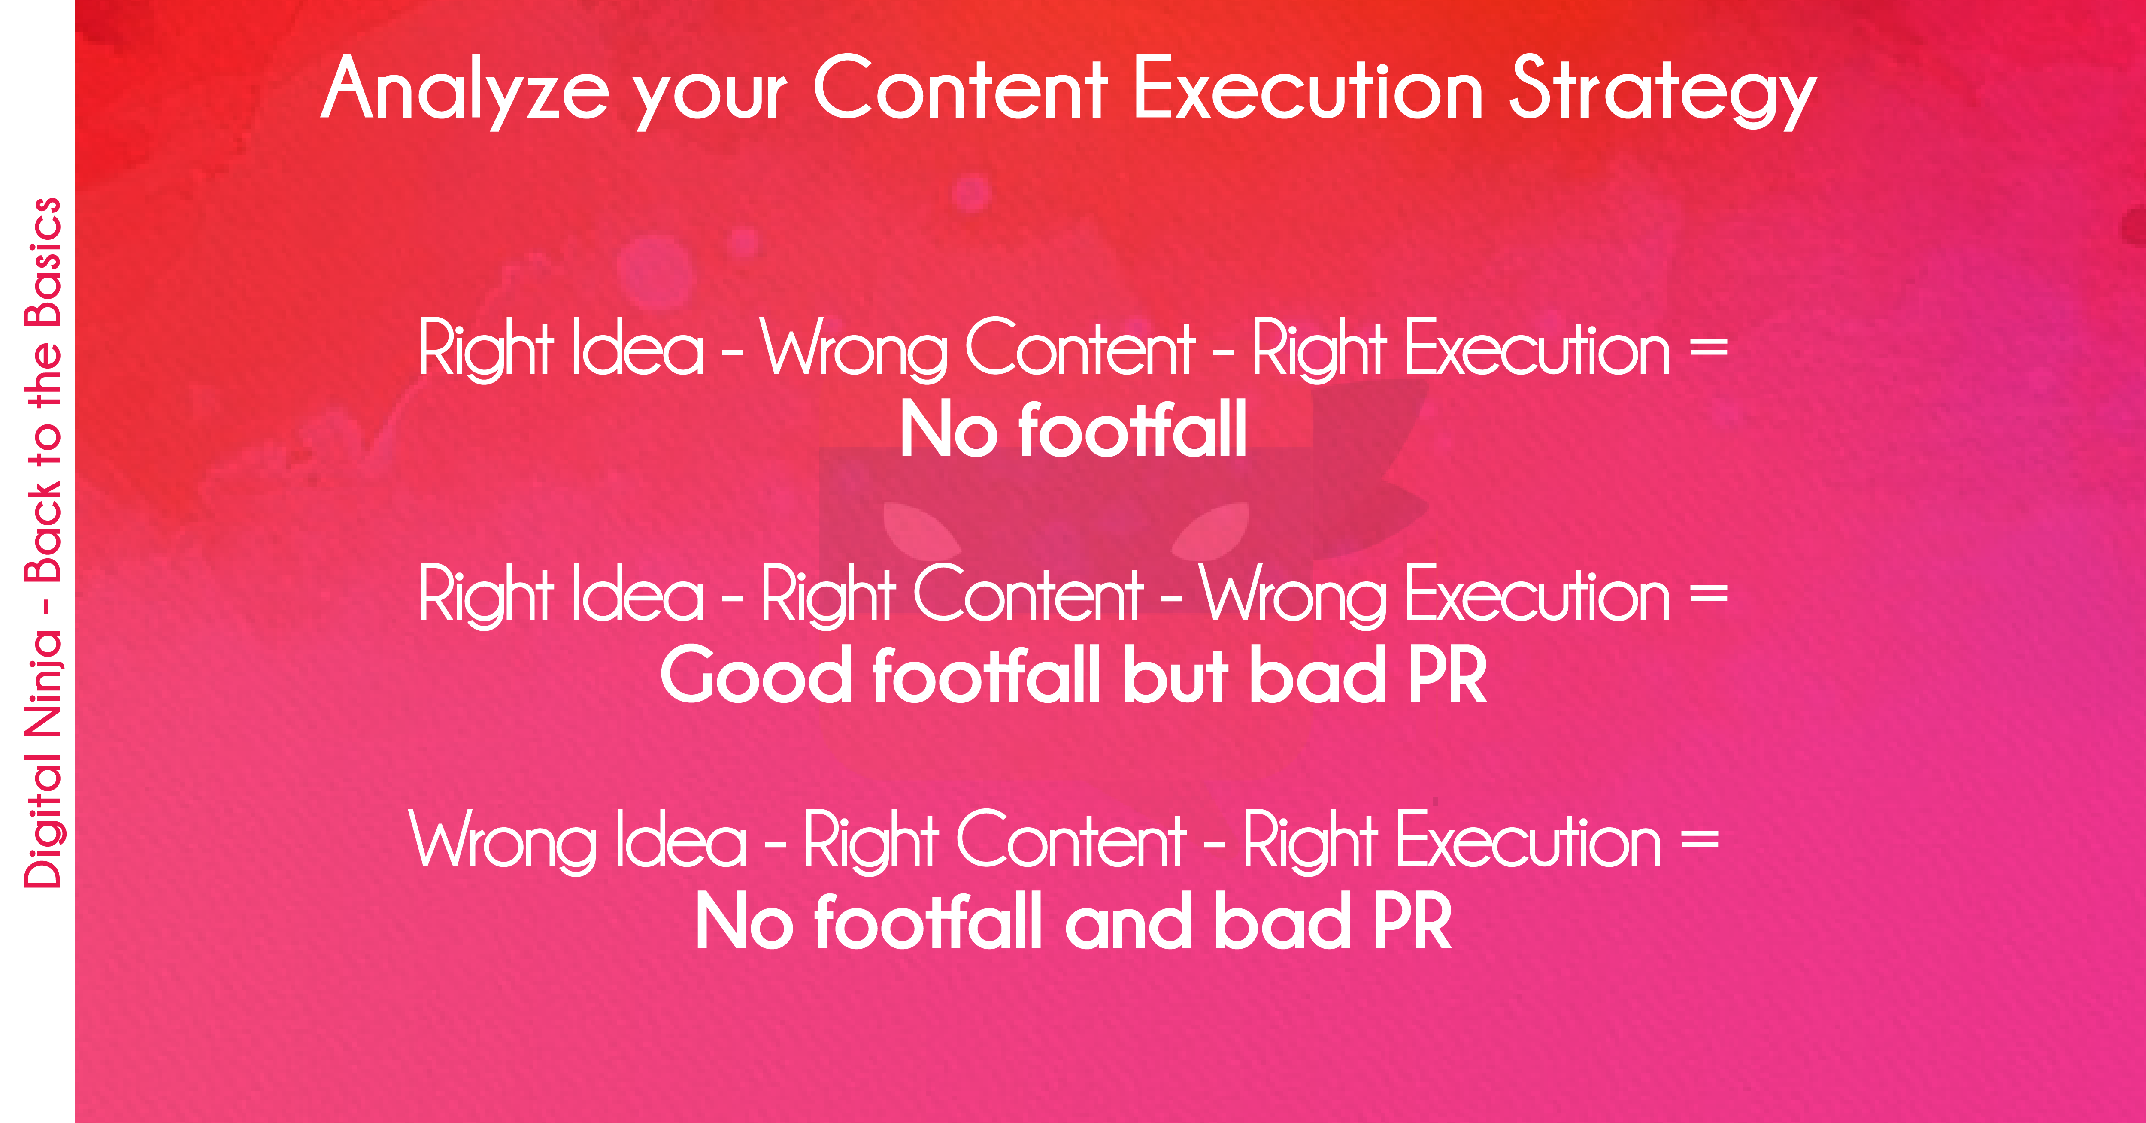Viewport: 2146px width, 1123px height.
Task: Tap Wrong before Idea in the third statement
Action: [x=502, y=841]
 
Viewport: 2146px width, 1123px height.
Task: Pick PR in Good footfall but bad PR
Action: [x=1447, y=675]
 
